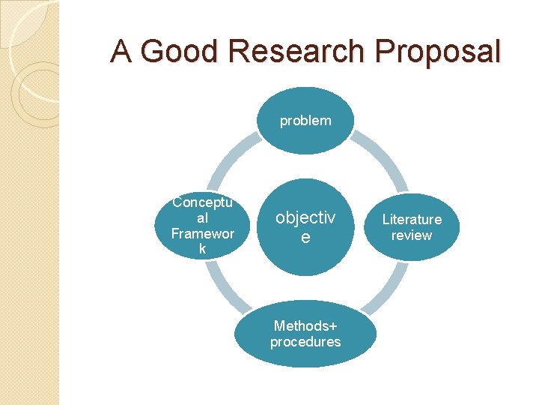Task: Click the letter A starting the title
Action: coord(121,51)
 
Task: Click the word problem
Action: coord(305,121)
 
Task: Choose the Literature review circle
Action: coord(412,227)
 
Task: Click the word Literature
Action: coord(412,219)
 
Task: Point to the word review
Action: coord(412,235)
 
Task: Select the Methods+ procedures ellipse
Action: coord(305,334)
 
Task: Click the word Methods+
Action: coord(305,325)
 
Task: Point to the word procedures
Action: coord(305,342)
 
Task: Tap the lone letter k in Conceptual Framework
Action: coord(202,249)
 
